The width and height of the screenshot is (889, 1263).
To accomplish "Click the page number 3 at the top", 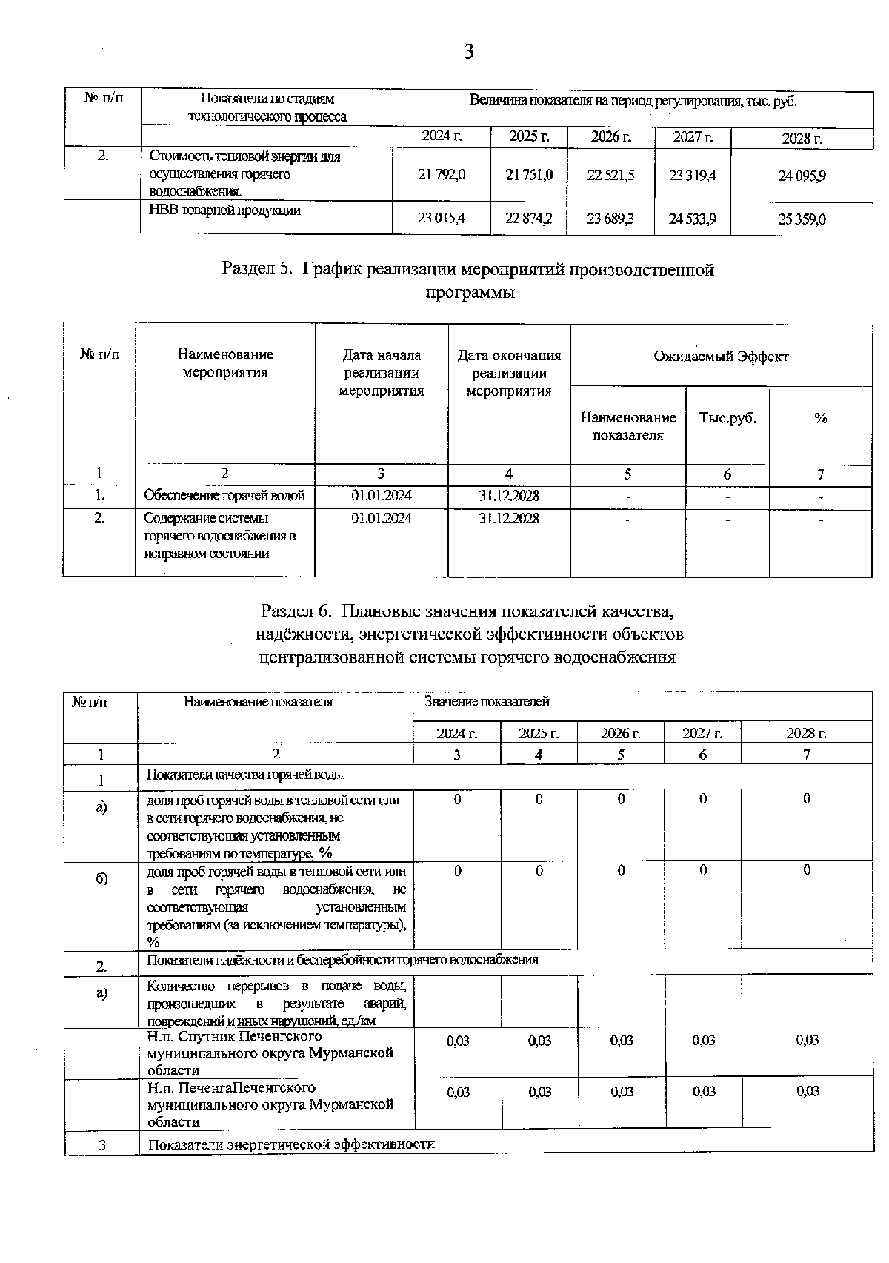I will [x=468, y=52].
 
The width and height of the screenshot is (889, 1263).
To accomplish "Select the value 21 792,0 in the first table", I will [x=442, y=175].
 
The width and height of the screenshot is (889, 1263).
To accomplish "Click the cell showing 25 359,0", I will [x=802, y=219].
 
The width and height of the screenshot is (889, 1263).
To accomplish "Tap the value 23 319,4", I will [x=692, y=175].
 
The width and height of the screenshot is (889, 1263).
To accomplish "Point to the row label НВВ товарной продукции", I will [x=224, y=210].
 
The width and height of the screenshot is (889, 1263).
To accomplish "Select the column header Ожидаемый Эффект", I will [x=720, y=357].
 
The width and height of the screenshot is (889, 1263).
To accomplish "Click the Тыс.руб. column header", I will [x=727, y=418].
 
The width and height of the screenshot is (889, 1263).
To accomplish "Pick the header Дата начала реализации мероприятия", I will [x=381, y=373].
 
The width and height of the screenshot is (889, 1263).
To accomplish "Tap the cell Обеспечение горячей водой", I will [x=224, y=496].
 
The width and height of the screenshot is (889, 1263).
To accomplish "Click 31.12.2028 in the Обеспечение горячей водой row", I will [x=508, y=496].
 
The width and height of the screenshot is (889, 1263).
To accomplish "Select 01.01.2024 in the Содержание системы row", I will [x=381, y=518].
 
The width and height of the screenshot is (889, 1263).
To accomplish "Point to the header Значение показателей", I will [x=487, y=701].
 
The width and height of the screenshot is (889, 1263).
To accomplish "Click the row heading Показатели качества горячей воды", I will [x=244, y=775].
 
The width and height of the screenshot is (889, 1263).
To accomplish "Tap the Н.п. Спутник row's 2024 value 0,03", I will [x=457, y=1041].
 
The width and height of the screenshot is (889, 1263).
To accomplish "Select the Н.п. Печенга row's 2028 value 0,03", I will [x=807, y=1091].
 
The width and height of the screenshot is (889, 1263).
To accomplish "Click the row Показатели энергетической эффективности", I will [x=290, y=1144].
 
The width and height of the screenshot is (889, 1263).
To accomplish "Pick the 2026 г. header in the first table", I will [x=610, y=137].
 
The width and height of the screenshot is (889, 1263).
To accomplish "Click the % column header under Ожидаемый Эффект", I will [x=820, y=418].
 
